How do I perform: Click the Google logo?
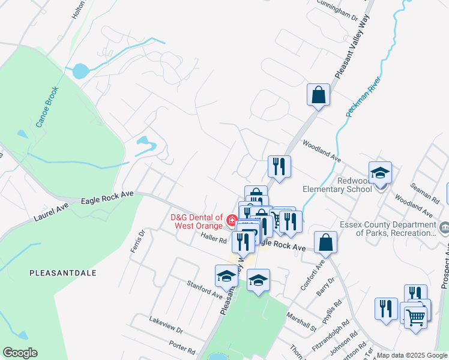point(20,353)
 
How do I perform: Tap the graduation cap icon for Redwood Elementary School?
point(379,174)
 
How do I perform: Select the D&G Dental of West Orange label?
point(194,221)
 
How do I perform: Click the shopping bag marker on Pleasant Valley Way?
point(318,95)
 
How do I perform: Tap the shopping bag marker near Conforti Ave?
point(325,243)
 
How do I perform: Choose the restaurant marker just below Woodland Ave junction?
point(279,166)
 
